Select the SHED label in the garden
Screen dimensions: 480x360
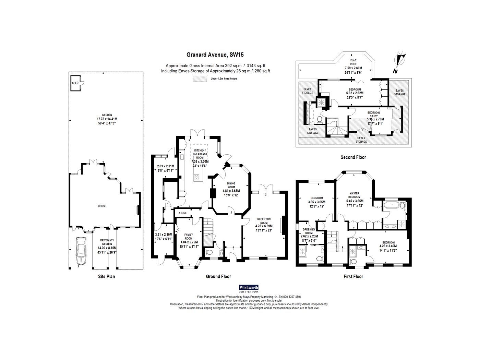tap(75, 83)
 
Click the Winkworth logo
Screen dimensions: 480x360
tap(249, 288)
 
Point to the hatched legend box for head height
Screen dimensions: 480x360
tap(200, 79)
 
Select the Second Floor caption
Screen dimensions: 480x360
tap(353, 157)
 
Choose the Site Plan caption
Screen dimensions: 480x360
tap(106, 276)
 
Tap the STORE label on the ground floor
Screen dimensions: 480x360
tap(183, 213)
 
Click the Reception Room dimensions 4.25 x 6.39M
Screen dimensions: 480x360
tap(264, 226)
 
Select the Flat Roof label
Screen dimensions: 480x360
tap(353, 62)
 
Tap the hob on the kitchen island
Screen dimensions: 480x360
tap(196, 177)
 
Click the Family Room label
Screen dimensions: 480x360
tap(189, 237)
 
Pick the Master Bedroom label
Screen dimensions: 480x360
tap(354, 195)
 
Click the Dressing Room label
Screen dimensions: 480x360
tap(309, 231)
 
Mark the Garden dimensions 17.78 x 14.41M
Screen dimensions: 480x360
tap(107, 119)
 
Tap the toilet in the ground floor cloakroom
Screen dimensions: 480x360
tap(209, 253)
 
